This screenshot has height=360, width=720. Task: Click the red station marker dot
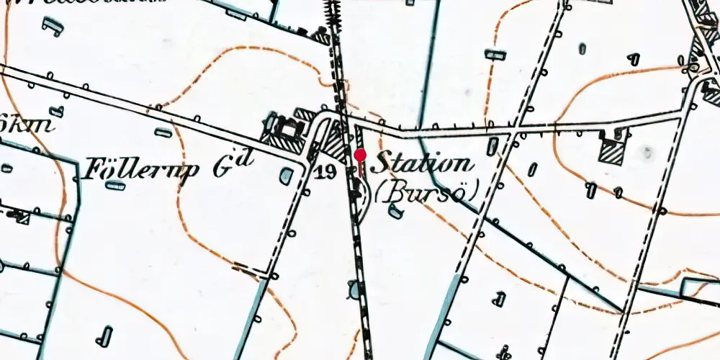click(x=360, y=155)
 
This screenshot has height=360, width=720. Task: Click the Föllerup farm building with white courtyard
click(x=289, y=130)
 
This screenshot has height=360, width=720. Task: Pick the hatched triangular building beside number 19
click(x=333, y=142)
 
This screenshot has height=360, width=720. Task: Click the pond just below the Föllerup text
click(x=115, y=186)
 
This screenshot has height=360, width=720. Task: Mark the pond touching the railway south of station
click(x=353, y=289)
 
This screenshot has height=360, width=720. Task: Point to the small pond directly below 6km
click(x=6, y=168)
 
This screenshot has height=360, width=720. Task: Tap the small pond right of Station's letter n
click(x=493, y=146)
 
